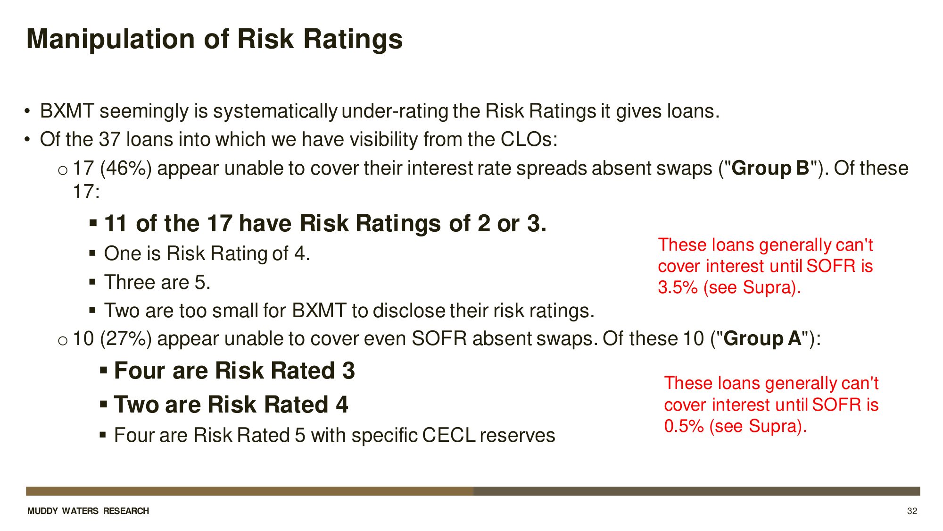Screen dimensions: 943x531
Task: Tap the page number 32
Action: pos(912,511)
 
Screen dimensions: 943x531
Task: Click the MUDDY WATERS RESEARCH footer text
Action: pos(88,511)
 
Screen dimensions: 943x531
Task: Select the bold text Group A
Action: pos(762,338)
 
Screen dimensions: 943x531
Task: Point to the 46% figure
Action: pos(126,168)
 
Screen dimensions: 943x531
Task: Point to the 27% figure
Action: pos(126,338)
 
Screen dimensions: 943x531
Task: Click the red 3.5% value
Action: pos(678,287)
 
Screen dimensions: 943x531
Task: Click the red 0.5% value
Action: pos(684,426)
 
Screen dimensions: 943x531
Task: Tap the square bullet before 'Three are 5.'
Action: pos(92,282)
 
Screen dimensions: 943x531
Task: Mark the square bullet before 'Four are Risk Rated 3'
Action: pos(103,370)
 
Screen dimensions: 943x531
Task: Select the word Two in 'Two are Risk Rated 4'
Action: pos(136,405)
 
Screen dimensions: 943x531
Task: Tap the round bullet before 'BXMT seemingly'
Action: pos(28,111)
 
